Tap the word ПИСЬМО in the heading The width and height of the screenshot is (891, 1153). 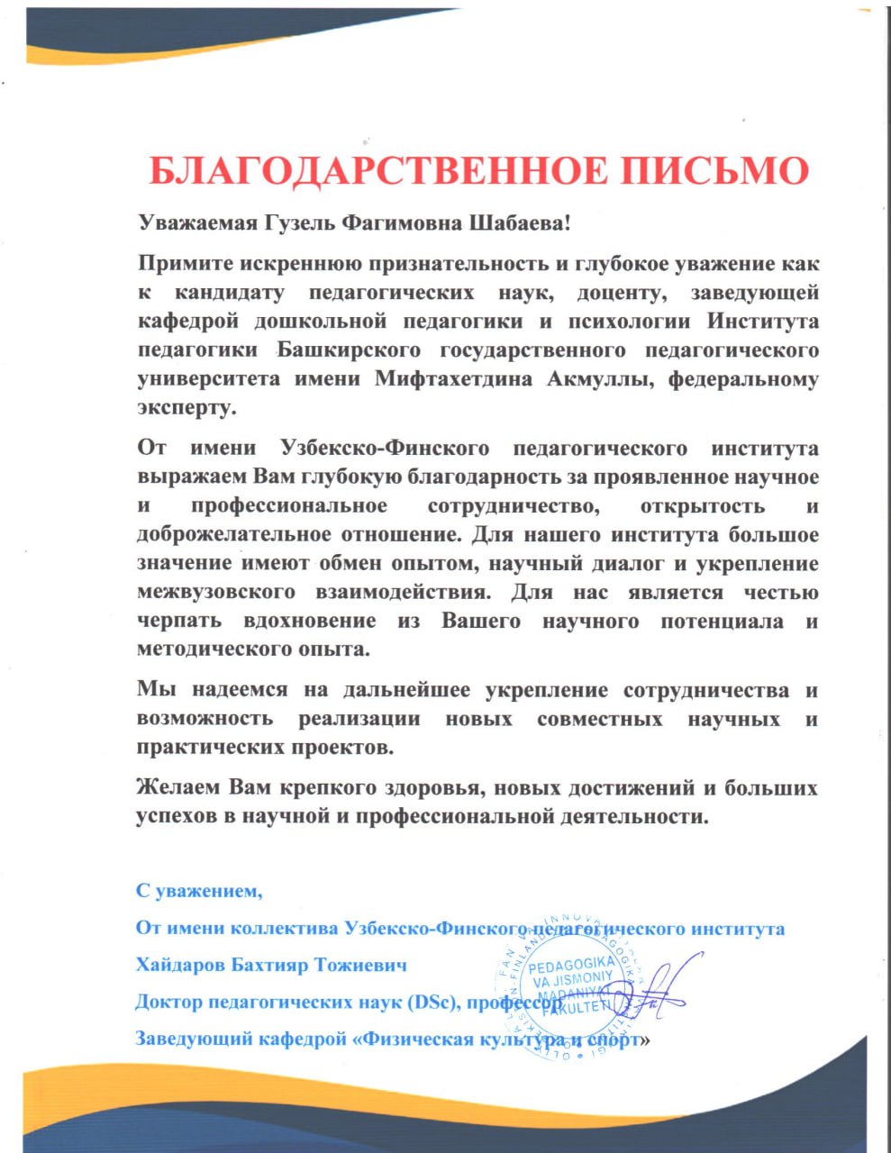(727, 170)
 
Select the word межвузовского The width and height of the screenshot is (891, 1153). (217, 593)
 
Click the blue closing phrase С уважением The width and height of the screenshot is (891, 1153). (199, 892)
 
